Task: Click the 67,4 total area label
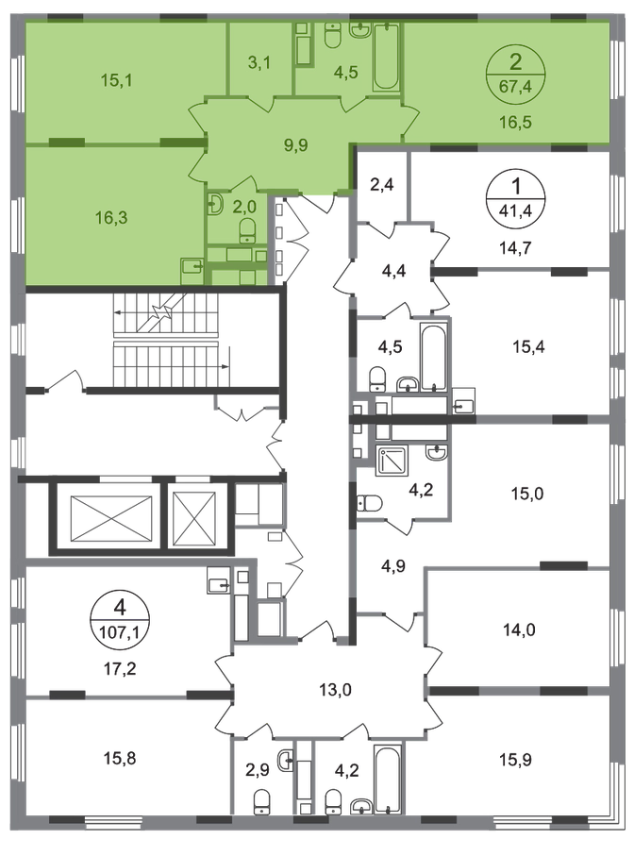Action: [515, 86]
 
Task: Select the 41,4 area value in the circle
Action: [516, 210]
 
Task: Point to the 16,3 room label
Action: [111, 218]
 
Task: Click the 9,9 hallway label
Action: [295, 145]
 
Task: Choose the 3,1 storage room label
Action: [259, 63]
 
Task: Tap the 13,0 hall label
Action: [335, 690]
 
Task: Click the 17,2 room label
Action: [120, 668]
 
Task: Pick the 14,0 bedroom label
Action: [519, 630]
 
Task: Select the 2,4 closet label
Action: [382, 185]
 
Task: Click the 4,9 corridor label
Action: [392, 566]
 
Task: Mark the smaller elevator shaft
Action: [194, 519]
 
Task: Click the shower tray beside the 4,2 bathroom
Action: [392, 461]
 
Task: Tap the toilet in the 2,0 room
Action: [249, 230]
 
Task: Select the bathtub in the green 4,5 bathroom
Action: [386, 57]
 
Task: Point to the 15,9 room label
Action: [516, 760]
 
